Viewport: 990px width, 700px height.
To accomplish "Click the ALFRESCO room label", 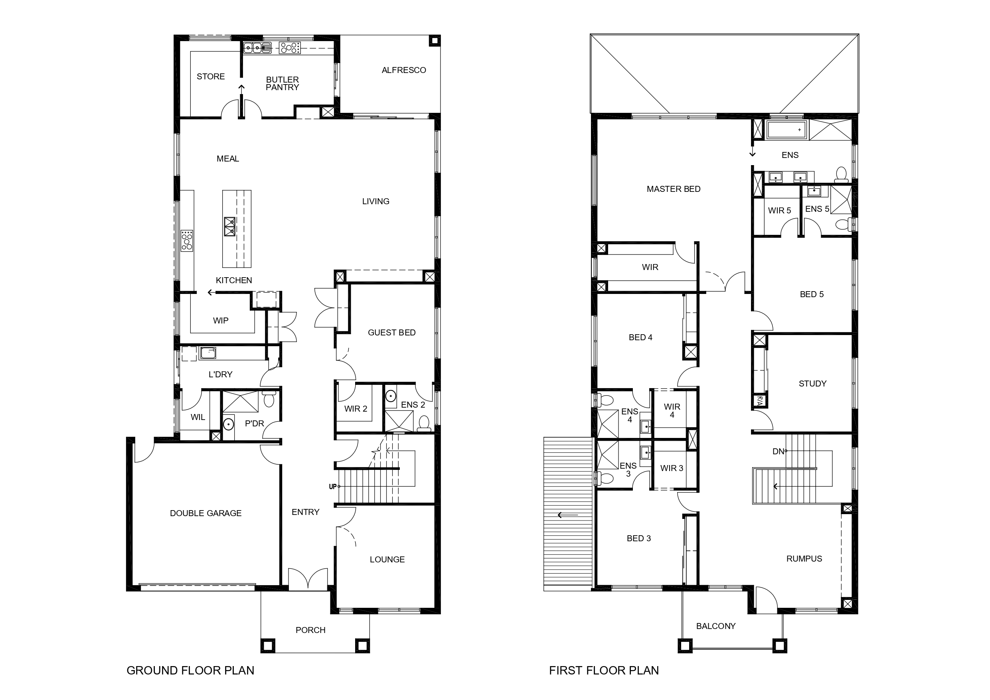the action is (x=403, y=70).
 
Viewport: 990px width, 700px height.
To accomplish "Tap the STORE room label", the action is (x=210, y=77).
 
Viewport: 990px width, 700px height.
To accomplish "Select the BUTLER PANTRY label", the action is (x=283, y=84).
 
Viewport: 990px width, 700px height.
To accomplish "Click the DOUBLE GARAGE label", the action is (x=206, y=513).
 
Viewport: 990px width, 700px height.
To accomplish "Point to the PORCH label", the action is (x=310, y=630).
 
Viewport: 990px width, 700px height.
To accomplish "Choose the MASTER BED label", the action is (x=674, y=189).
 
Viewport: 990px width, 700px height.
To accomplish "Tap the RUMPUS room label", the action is (x=804, y=559).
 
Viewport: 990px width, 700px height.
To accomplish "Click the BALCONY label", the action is (x=716, y=626).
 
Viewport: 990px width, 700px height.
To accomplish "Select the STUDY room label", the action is (x=812, y=384).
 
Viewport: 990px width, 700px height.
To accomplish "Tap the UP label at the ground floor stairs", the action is (x=332, y=487).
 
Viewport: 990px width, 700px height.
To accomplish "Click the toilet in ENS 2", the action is (x=424, y=423).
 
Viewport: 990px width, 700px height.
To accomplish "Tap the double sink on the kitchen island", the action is (x=229, y=226).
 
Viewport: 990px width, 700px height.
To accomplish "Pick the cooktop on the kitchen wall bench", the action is (x=187, y=241).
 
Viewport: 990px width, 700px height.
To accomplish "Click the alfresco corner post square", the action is (x=435, y=41).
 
